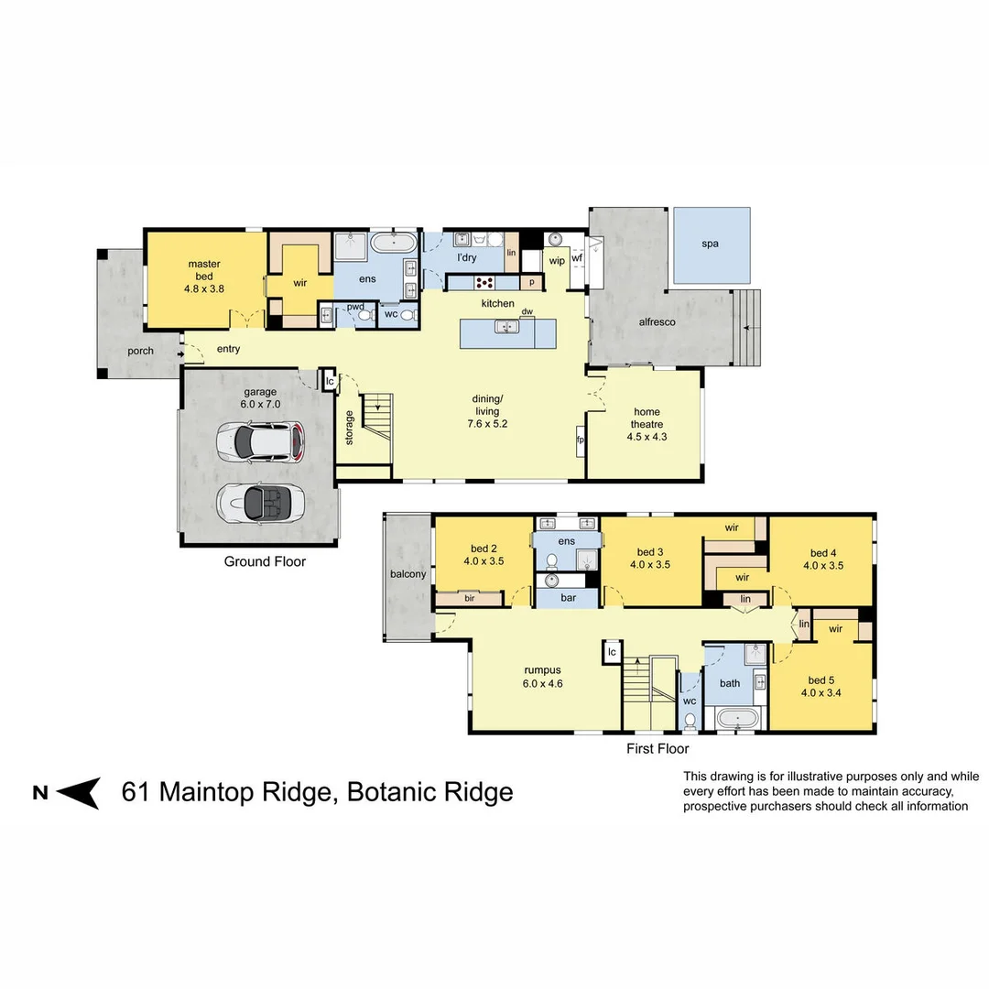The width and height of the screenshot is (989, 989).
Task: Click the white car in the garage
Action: (x=260, y=441)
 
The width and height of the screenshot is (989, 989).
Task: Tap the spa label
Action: (x=710, y=245)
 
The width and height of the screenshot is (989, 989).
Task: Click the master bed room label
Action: (x=204, y=276)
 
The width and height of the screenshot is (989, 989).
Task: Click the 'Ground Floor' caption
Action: (x=265, y=561)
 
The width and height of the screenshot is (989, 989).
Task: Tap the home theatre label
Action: (x=645, y=424)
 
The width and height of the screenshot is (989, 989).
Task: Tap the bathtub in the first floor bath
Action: (x=737, y=719)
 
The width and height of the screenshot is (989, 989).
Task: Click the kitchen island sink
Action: (x=504, y=327)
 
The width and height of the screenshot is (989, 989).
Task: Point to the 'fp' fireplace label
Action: (x=581, y=440)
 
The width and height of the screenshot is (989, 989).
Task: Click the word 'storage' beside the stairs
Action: (x=349, y=428)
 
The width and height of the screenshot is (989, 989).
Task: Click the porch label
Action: (x=140, y=351)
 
